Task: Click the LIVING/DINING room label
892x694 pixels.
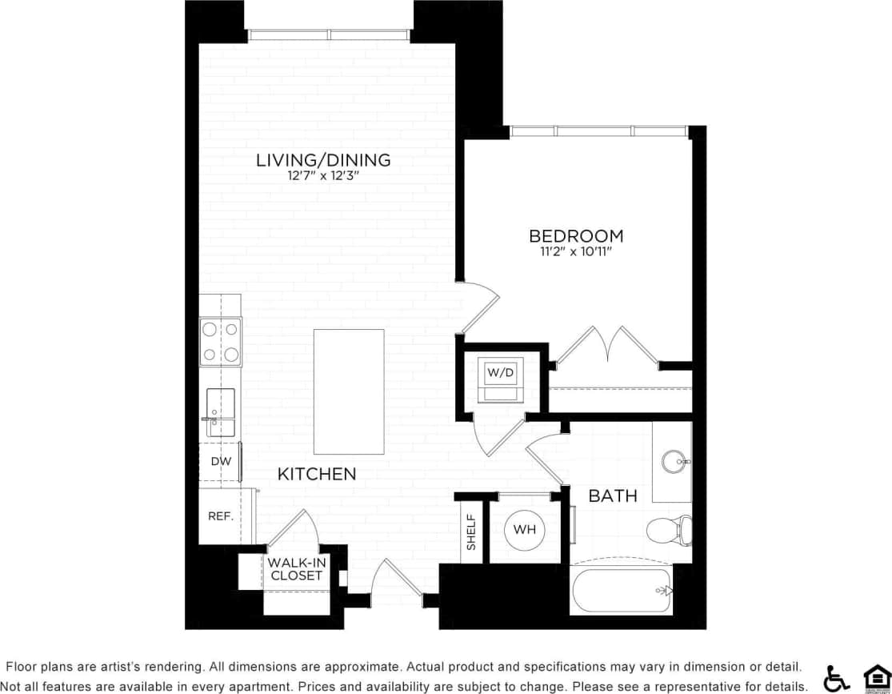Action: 323,160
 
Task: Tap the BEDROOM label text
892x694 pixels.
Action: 576,236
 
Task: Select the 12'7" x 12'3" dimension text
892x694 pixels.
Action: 323,177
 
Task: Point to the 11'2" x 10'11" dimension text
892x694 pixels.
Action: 576,252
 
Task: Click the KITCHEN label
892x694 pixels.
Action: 317,475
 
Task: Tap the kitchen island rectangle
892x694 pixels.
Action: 349,391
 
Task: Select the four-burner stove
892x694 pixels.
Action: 221,341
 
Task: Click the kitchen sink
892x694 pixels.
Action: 221,411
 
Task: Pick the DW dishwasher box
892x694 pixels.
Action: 220,462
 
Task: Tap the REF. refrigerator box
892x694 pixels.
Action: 221,516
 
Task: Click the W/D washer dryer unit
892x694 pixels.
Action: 501,378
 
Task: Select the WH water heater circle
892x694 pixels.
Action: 525,529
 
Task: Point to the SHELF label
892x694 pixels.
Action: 471,532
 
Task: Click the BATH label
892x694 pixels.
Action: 613,496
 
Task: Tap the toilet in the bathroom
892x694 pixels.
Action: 669,530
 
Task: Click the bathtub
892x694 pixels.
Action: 622,591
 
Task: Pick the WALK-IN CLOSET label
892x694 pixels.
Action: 296,569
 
